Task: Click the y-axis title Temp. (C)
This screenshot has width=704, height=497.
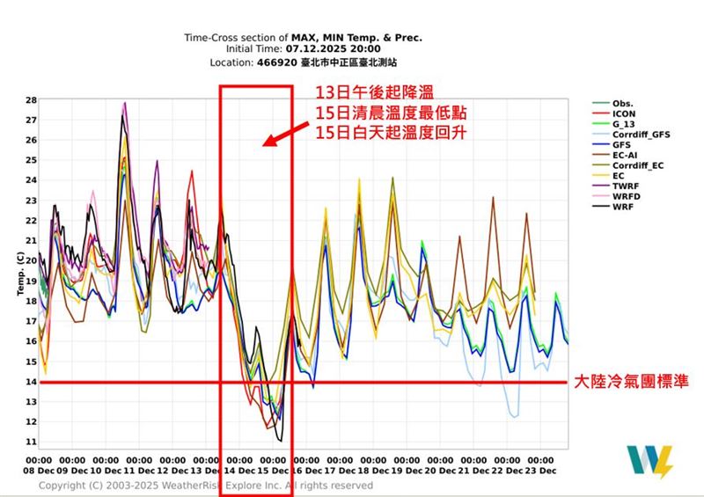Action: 18,273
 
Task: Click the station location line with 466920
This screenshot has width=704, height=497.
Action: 303,63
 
